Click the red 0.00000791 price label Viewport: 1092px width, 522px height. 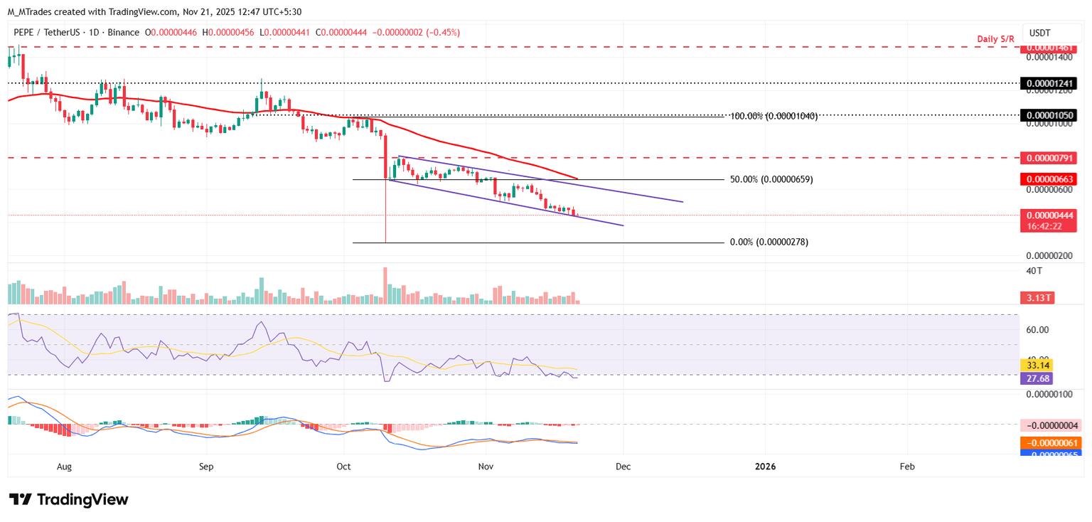click(x=1047, y=158)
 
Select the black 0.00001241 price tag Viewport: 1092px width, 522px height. click(x=1047, y=83)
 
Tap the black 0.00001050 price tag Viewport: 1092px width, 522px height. click(x=1047, y=115)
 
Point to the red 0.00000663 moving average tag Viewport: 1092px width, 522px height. click(x=1047, y=179)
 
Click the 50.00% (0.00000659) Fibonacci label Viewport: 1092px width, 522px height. click(x=771, y=180)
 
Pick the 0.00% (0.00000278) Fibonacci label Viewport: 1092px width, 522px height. click(x=769, y=243)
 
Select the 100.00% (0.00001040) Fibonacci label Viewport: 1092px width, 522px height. click(x=773, y=115)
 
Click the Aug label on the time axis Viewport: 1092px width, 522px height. click(x=64, y=467)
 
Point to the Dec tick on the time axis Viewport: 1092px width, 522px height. click(x=623, y=467)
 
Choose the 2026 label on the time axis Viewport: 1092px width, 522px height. click(x=765, y=467)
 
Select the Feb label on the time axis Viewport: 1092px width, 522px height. click(x=907, y=467)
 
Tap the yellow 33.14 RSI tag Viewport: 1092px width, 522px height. click(x=1035, y=365)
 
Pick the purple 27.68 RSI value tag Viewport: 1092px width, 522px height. click(x=1035, y=378)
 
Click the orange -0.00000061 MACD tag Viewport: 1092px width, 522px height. click(x=1047, y=443)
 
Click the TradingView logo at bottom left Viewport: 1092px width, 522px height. click(x=68, y=499)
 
